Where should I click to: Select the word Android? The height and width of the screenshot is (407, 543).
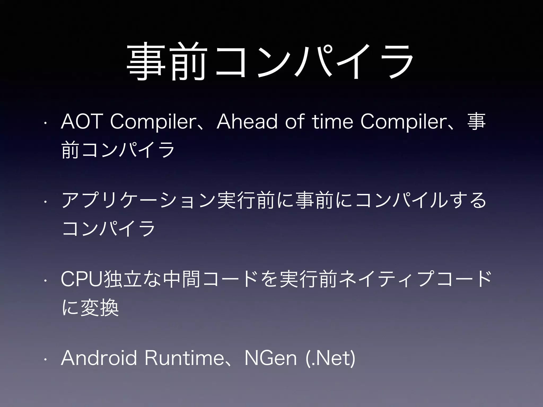(x=99, y=358)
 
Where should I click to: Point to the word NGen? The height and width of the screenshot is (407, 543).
(x=270, y=358)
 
